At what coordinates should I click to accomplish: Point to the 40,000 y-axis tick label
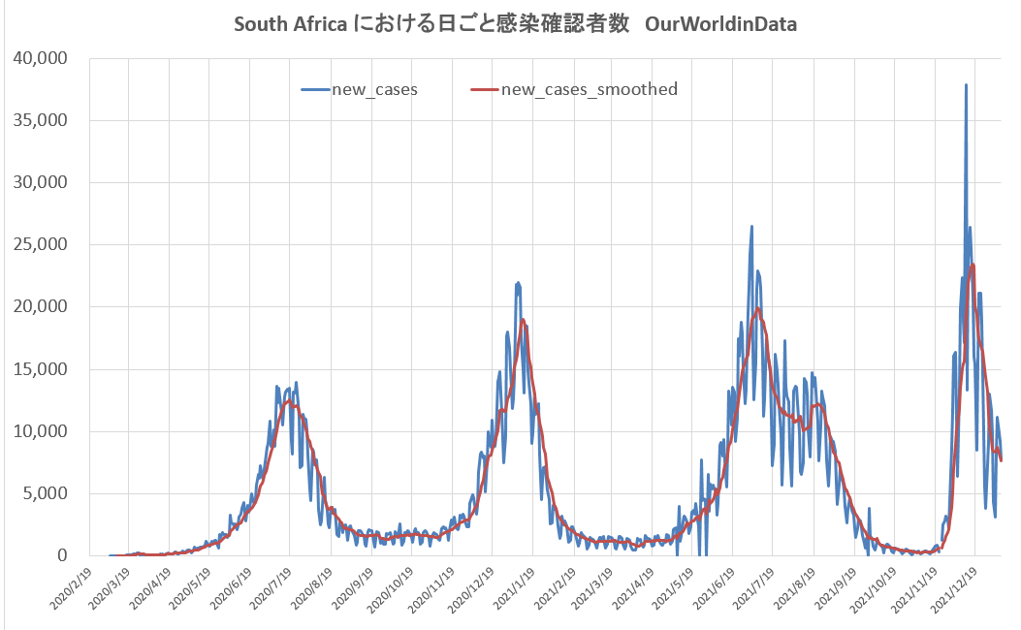pyautogui.click(x=41, y=58)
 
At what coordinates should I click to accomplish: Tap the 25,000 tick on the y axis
pyautogui.click(x=41, y=244)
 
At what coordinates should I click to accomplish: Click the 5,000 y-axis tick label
pyautogui.click(x=45, y=493)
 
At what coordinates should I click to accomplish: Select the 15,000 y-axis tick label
pyautogui.click(x=41, y=369)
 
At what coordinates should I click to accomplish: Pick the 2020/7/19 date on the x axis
pyautogui.click(x=271, y=588)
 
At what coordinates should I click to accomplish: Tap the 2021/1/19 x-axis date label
pyautogui.click(x=513, y=588)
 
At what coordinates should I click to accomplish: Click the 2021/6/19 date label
pyautogui.click(x=714, y=588)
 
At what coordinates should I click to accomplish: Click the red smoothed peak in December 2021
pyautogui.click(x=973, y=264)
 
